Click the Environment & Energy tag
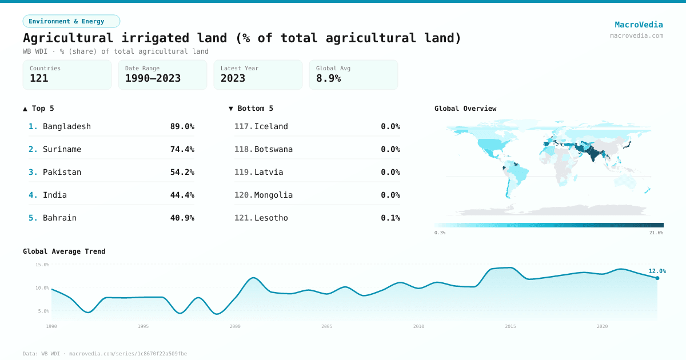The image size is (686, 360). [x=71, y=21]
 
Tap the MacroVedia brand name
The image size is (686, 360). [x=639, y=25]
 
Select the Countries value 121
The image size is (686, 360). [x=39, y=78]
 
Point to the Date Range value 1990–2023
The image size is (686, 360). [x=153, y=78]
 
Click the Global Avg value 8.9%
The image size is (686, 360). [x=328, y=78]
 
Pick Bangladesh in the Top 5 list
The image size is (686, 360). [x=66, y=126]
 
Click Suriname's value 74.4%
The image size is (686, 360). [x=182, y=149]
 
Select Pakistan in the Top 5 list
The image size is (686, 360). [x=62, y=172]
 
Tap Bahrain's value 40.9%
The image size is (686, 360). [x=182, y=218]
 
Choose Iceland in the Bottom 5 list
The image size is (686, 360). [x=271, y=126]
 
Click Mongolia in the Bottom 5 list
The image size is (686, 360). [x=273, y=195]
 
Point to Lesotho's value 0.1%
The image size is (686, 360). [x=390, y=218]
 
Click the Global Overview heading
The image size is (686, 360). [x=465, y=109]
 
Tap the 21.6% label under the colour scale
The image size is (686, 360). [x=656, y=233]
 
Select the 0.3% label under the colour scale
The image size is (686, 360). [x=440, y=233]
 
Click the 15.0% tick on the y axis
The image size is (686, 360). [x=42, y=265]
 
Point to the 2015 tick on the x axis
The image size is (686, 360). [x=510, y=326]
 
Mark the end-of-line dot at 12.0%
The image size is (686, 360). [x=657, y=278]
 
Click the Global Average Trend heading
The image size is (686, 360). [x=64, y=251]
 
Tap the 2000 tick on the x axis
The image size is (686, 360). [x=235, y=326]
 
